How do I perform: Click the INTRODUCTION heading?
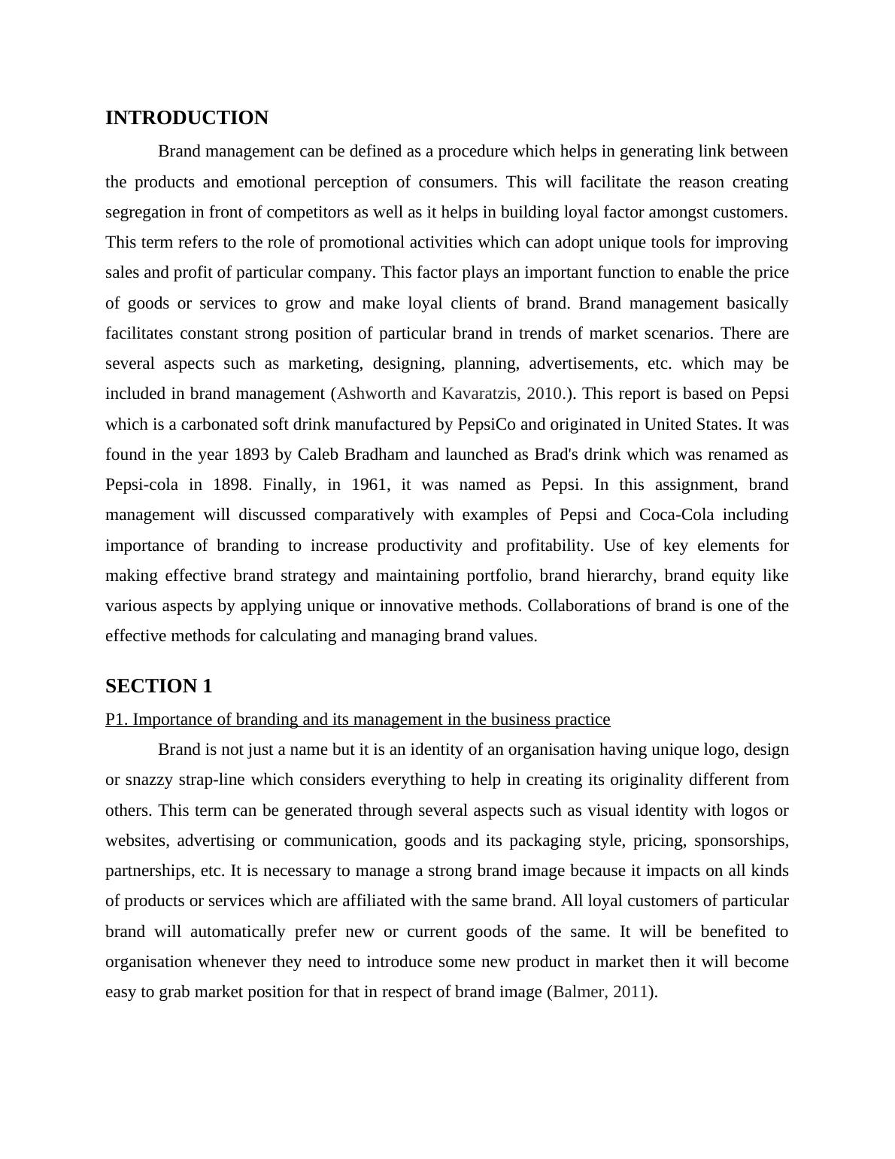(x=187, y=118)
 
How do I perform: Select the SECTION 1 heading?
(x=159, y=686)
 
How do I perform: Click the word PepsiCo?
(x=487, y=424)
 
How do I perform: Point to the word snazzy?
(x=151, y=780)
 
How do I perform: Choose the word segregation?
(x=145, y=212)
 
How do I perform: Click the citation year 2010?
(x=545, y=394)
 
